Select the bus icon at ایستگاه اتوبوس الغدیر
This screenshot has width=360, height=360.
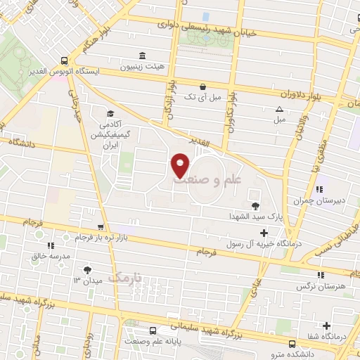64,60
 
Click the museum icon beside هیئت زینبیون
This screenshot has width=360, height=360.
143,56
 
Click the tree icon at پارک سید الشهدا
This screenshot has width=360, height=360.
255,205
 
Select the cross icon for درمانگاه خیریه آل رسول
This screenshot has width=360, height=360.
264,233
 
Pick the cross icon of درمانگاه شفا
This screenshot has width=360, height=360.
326,325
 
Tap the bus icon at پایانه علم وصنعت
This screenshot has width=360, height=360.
153,329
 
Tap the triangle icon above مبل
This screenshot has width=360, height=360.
280,108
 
